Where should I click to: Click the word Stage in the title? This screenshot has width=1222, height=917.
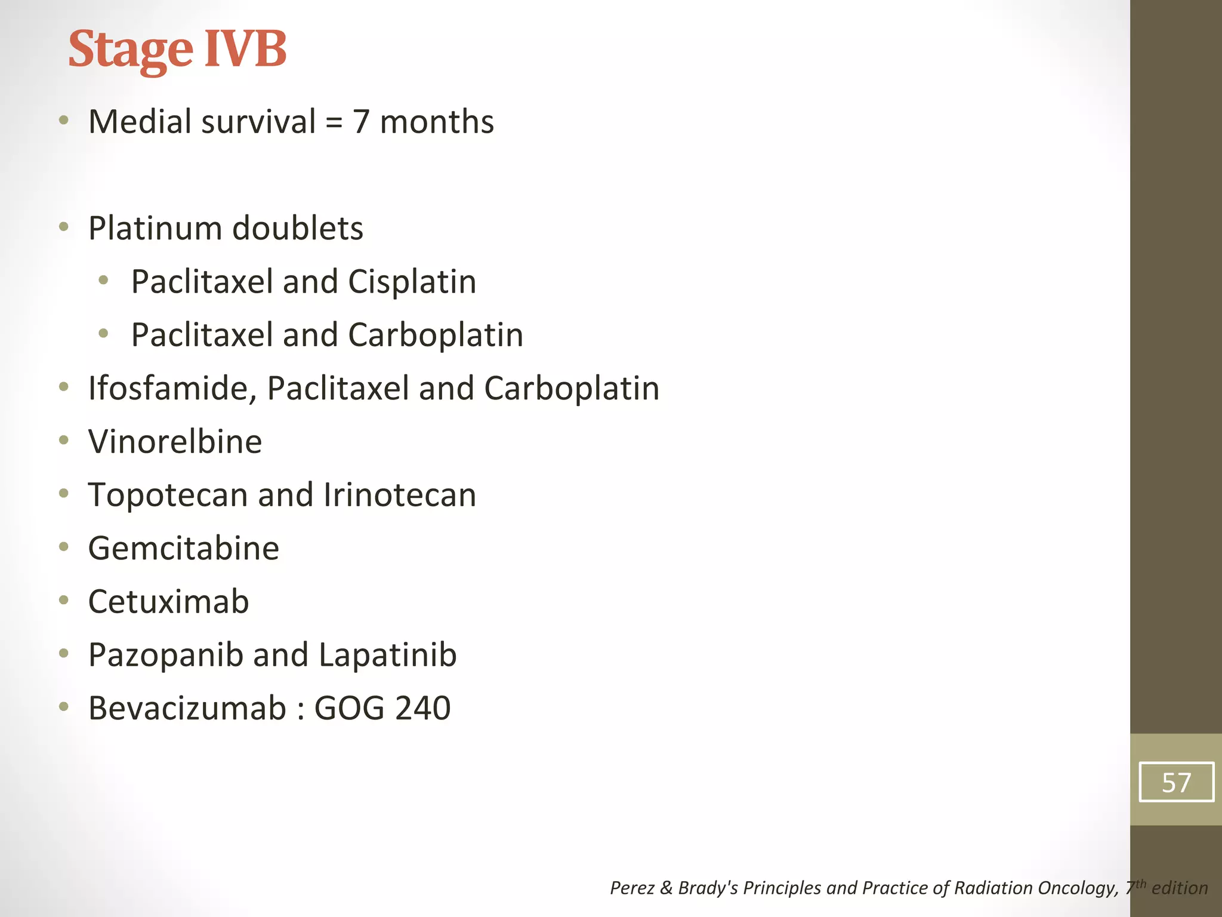131,50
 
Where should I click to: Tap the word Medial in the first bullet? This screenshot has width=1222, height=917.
140,122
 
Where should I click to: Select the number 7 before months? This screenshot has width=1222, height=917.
361,122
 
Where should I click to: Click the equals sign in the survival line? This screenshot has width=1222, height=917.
334,123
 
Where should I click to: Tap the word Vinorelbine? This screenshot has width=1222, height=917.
175,442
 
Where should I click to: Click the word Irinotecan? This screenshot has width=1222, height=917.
400,495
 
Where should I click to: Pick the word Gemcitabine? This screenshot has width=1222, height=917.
183,548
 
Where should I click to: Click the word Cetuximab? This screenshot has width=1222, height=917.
168,601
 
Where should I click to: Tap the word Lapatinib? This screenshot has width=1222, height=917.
388,655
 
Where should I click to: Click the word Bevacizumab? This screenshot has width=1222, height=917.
187,708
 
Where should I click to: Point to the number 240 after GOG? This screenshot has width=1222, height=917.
423,708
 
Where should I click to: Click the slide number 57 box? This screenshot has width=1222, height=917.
1176,782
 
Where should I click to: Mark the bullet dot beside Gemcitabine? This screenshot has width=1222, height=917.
64,547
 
